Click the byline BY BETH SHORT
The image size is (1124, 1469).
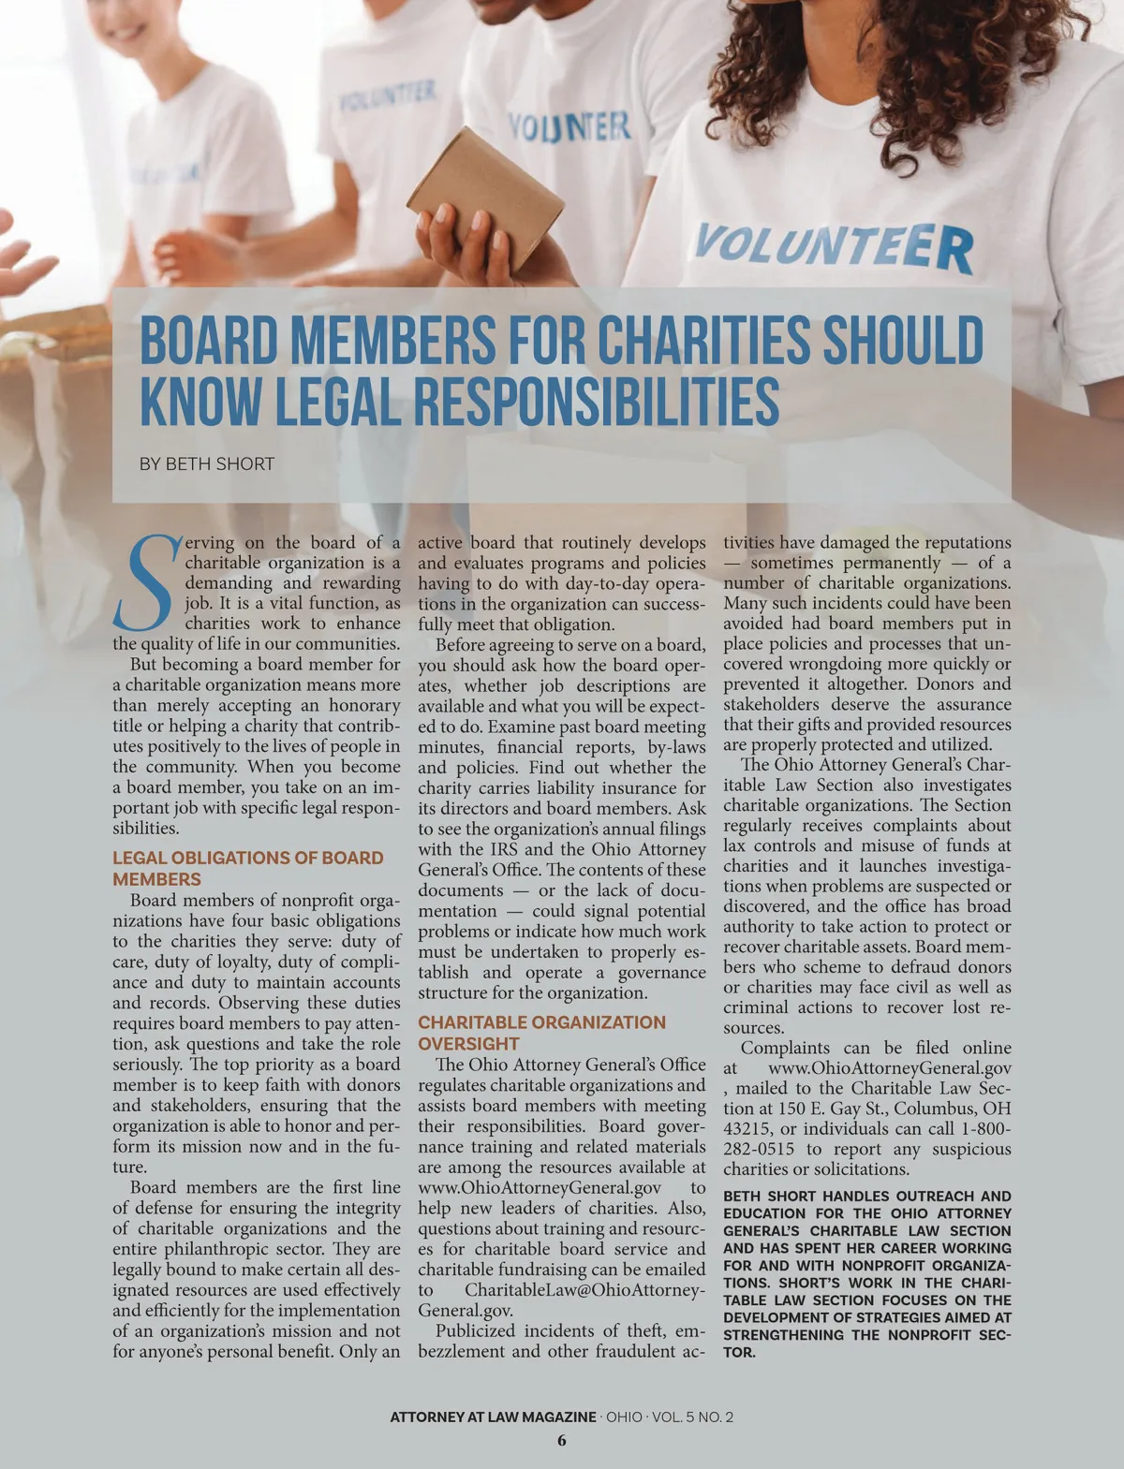(x=207, y=464)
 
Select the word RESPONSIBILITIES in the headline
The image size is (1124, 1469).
(x=596, y=402)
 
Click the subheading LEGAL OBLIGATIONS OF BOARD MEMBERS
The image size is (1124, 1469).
(x=248, y=868)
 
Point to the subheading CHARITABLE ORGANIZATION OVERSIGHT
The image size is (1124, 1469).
(x=541, y=1033)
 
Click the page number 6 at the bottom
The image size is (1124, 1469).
(x=562, y=1441)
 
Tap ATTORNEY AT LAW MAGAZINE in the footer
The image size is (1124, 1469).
(x=493, y=1417)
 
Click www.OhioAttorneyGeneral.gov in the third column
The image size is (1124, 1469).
(x=889, y=1068)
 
